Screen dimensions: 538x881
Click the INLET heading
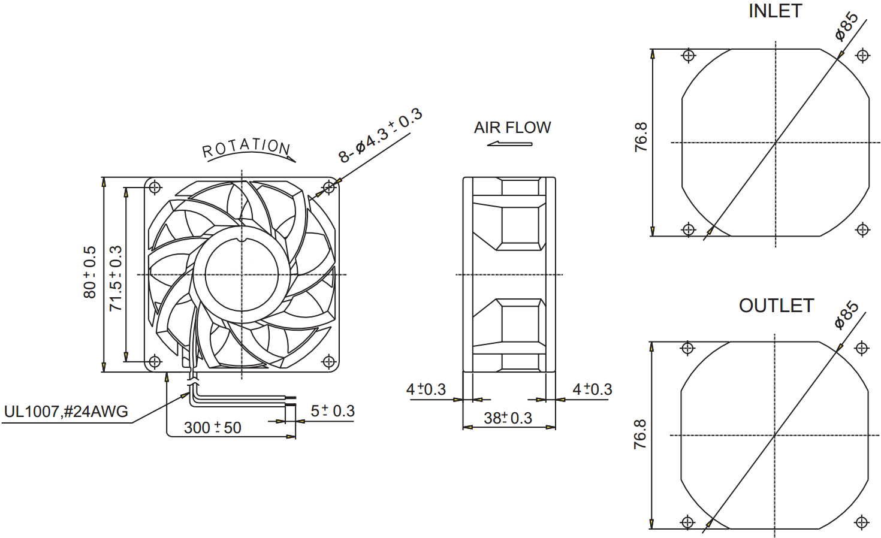(x=774, y=11)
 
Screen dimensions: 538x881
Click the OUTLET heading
(x=776, y=306)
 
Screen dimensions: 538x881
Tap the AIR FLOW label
(x=512, y=128)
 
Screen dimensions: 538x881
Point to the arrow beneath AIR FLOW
(x=509, y=144)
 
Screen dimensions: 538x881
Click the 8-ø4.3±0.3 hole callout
(x=381, y=136)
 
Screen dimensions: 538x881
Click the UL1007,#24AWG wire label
(x=66, y=412)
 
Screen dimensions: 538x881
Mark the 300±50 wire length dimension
(x=212, y=427)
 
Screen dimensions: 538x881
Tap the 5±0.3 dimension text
(x=333, y=411)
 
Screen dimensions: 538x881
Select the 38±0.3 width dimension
(x=508, y=418)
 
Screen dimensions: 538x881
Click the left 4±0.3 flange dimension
(x=426, y=389)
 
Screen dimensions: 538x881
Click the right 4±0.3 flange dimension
(x=592, y=389)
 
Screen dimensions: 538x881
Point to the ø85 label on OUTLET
(x=847, y=315)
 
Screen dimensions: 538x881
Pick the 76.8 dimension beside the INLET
(x=641, y=137)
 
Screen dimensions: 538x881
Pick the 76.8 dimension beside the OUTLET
(x=640, y=434)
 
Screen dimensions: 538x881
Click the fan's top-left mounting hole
(x=155, y=187)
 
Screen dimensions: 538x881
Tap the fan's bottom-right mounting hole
(x=328, y=361)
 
